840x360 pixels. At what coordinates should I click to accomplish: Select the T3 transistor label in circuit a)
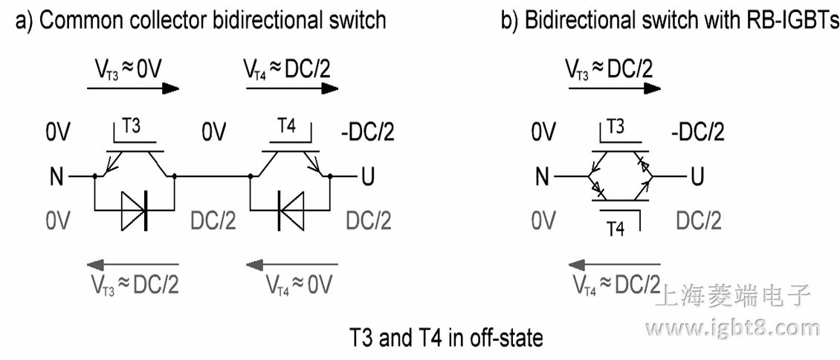click(131, 127)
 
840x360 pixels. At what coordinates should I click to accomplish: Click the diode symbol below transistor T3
click(135, 208)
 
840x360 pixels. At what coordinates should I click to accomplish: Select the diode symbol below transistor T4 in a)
click(289, 208)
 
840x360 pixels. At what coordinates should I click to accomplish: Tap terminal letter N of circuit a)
click(56, 178)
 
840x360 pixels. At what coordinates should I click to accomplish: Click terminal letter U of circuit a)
click(366, 178)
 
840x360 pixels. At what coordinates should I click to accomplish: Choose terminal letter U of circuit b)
click(697, 178)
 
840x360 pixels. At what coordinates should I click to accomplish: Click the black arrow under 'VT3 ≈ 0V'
click(133, 88)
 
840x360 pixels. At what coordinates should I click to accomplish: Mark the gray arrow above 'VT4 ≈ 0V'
click(291, 263)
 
